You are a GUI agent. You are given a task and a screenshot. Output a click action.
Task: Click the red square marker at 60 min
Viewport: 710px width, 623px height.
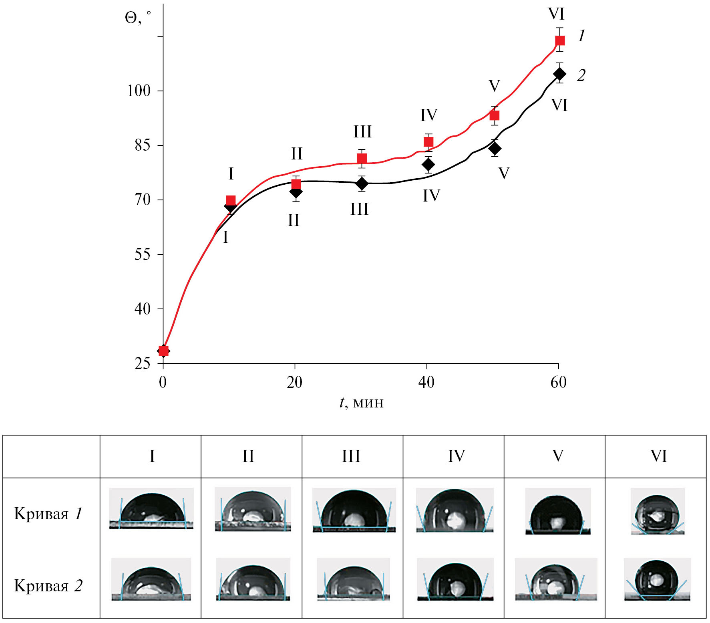[559, 40]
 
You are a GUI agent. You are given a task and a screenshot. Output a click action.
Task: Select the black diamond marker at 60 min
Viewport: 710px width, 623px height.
[559, 74]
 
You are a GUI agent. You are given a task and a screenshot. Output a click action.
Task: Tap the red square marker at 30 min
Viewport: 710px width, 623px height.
[362, 159]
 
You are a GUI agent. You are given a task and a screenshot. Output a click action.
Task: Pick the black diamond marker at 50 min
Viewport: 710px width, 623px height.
[495, 149]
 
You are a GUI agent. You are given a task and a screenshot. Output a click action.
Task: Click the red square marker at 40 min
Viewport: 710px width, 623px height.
[428, 142]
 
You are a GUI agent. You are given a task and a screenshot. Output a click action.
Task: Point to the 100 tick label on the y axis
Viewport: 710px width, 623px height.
[139, 91]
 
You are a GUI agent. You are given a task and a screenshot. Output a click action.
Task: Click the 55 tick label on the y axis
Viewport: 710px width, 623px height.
[143, 254]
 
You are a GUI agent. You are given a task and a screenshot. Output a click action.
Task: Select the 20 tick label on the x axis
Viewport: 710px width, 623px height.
[294, 383]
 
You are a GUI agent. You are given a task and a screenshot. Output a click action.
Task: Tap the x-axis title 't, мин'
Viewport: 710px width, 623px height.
[361, 402]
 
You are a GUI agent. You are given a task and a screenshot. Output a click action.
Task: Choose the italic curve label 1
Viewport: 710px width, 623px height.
[581, 36]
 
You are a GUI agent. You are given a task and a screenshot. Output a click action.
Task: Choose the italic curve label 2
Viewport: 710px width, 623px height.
[581, 75]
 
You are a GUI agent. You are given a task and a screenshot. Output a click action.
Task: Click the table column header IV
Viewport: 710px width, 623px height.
[456, 456]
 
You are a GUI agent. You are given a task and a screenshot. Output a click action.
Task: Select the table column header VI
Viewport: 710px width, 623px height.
[658, 456]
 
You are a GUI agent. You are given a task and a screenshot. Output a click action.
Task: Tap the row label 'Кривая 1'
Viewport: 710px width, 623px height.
[48, 514]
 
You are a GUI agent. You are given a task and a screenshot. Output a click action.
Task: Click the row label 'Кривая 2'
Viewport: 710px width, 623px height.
[48, 586]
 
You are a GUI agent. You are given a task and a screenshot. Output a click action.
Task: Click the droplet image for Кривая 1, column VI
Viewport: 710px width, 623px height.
[657, 512]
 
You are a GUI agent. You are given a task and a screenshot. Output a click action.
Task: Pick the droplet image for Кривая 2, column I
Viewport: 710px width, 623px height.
[151, 579]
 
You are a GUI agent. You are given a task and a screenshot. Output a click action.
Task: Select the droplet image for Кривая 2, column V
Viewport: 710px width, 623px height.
[555, 579]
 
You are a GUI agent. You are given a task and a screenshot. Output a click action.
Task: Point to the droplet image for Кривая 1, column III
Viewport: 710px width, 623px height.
[354, 510]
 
